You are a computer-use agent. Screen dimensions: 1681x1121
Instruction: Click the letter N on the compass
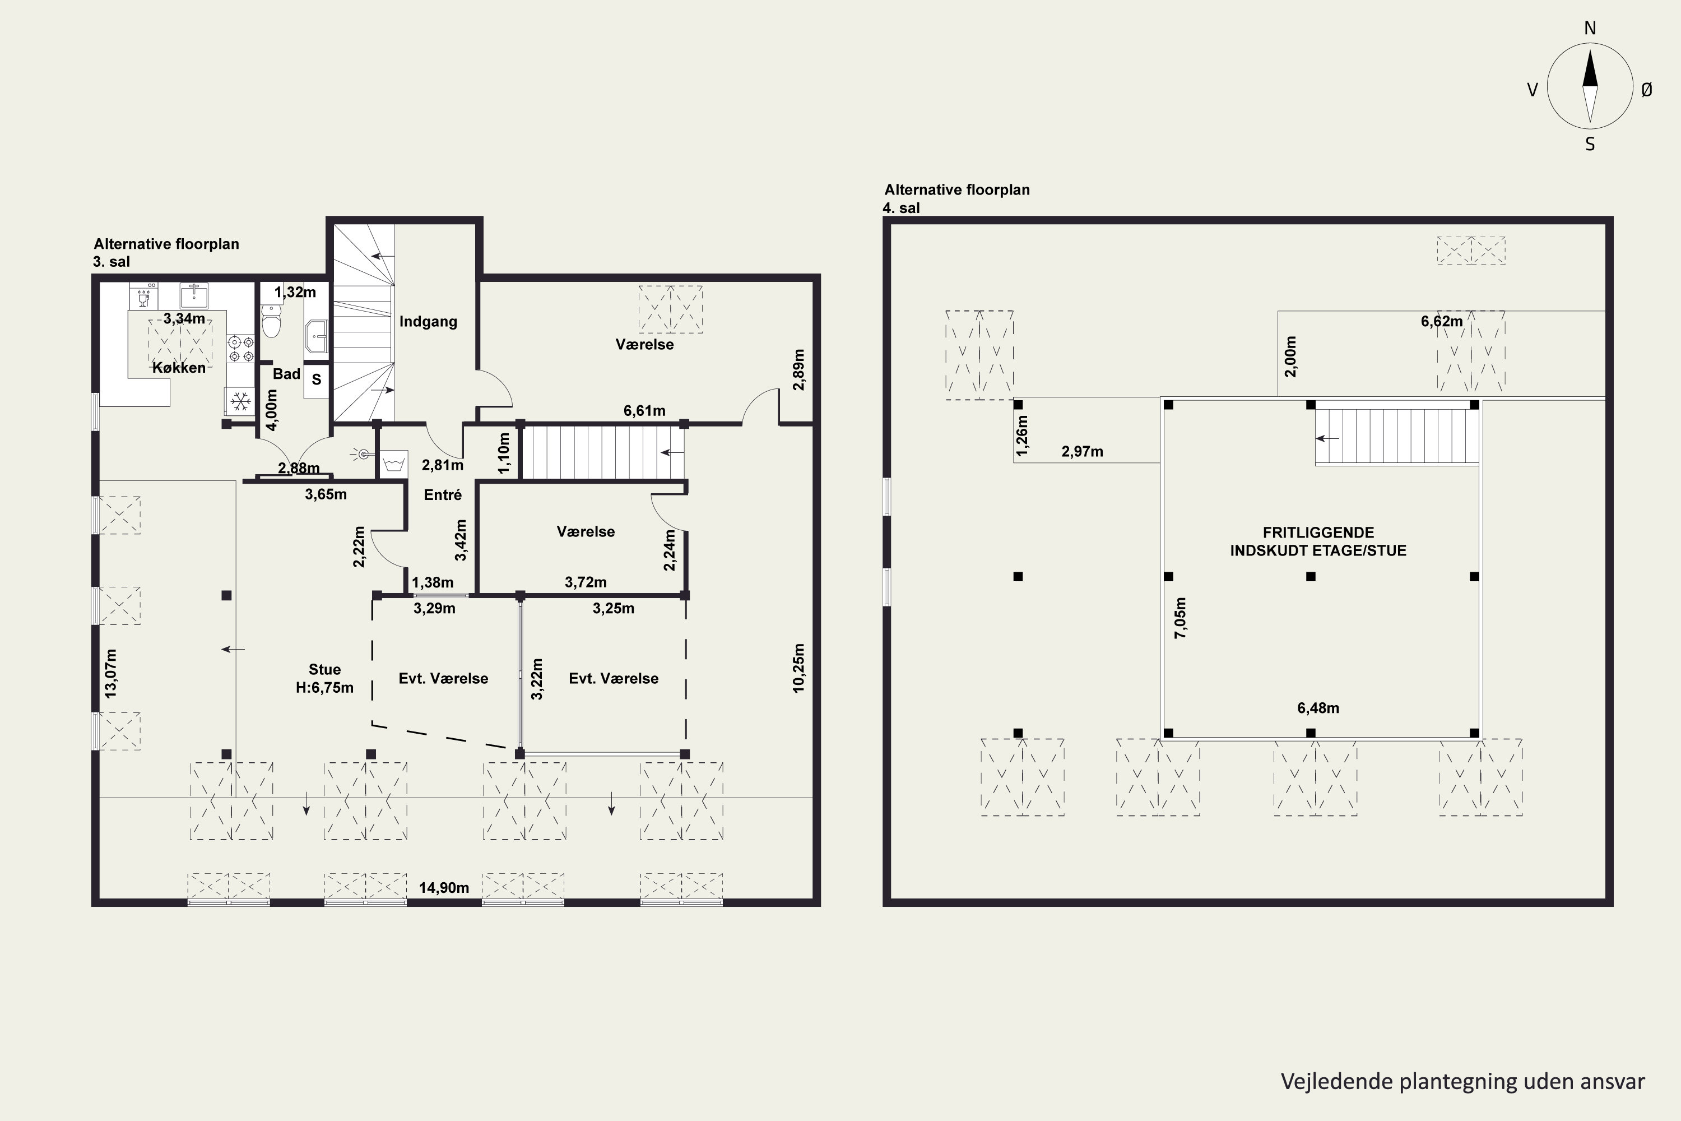(x=1590, y=28)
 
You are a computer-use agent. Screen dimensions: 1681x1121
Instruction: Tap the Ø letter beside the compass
(x=1647, y=89)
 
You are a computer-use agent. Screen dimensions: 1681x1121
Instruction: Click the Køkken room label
(x=179, y=368)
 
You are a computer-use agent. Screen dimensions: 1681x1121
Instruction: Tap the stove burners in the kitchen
(x=241, y=349)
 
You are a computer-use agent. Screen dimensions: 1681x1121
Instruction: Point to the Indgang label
(x=428, y=322)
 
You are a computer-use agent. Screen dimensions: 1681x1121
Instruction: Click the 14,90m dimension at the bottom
(x=444, y=888)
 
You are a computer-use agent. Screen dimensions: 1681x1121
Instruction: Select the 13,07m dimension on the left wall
(x=111, y=674)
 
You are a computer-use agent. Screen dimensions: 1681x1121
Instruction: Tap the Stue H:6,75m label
(x=324, y=678)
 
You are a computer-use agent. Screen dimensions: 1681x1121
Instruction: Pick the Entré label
(x=443, y=495)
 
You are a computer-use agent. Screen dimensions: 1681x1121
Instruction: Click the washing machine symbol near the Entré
(x=394, y=464)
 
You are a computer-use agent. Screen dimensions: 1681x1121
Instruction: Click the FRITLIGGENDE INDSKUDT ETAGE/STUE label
(x=1318, y=541)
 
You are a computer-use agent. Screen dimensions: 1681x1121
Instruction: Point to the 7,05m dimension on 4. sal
(x=1180, y=618)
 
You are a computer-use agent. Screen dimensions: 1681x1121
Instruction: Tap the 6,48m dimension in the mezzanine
(x=1318, y=708)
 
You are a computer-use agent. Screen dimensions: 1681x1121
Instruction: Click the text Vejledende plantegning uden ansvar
(x=1462, y=1082)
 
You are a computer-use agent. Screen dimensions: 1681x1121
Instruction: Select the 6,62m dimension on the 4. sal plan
(x=1442, y=322)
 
